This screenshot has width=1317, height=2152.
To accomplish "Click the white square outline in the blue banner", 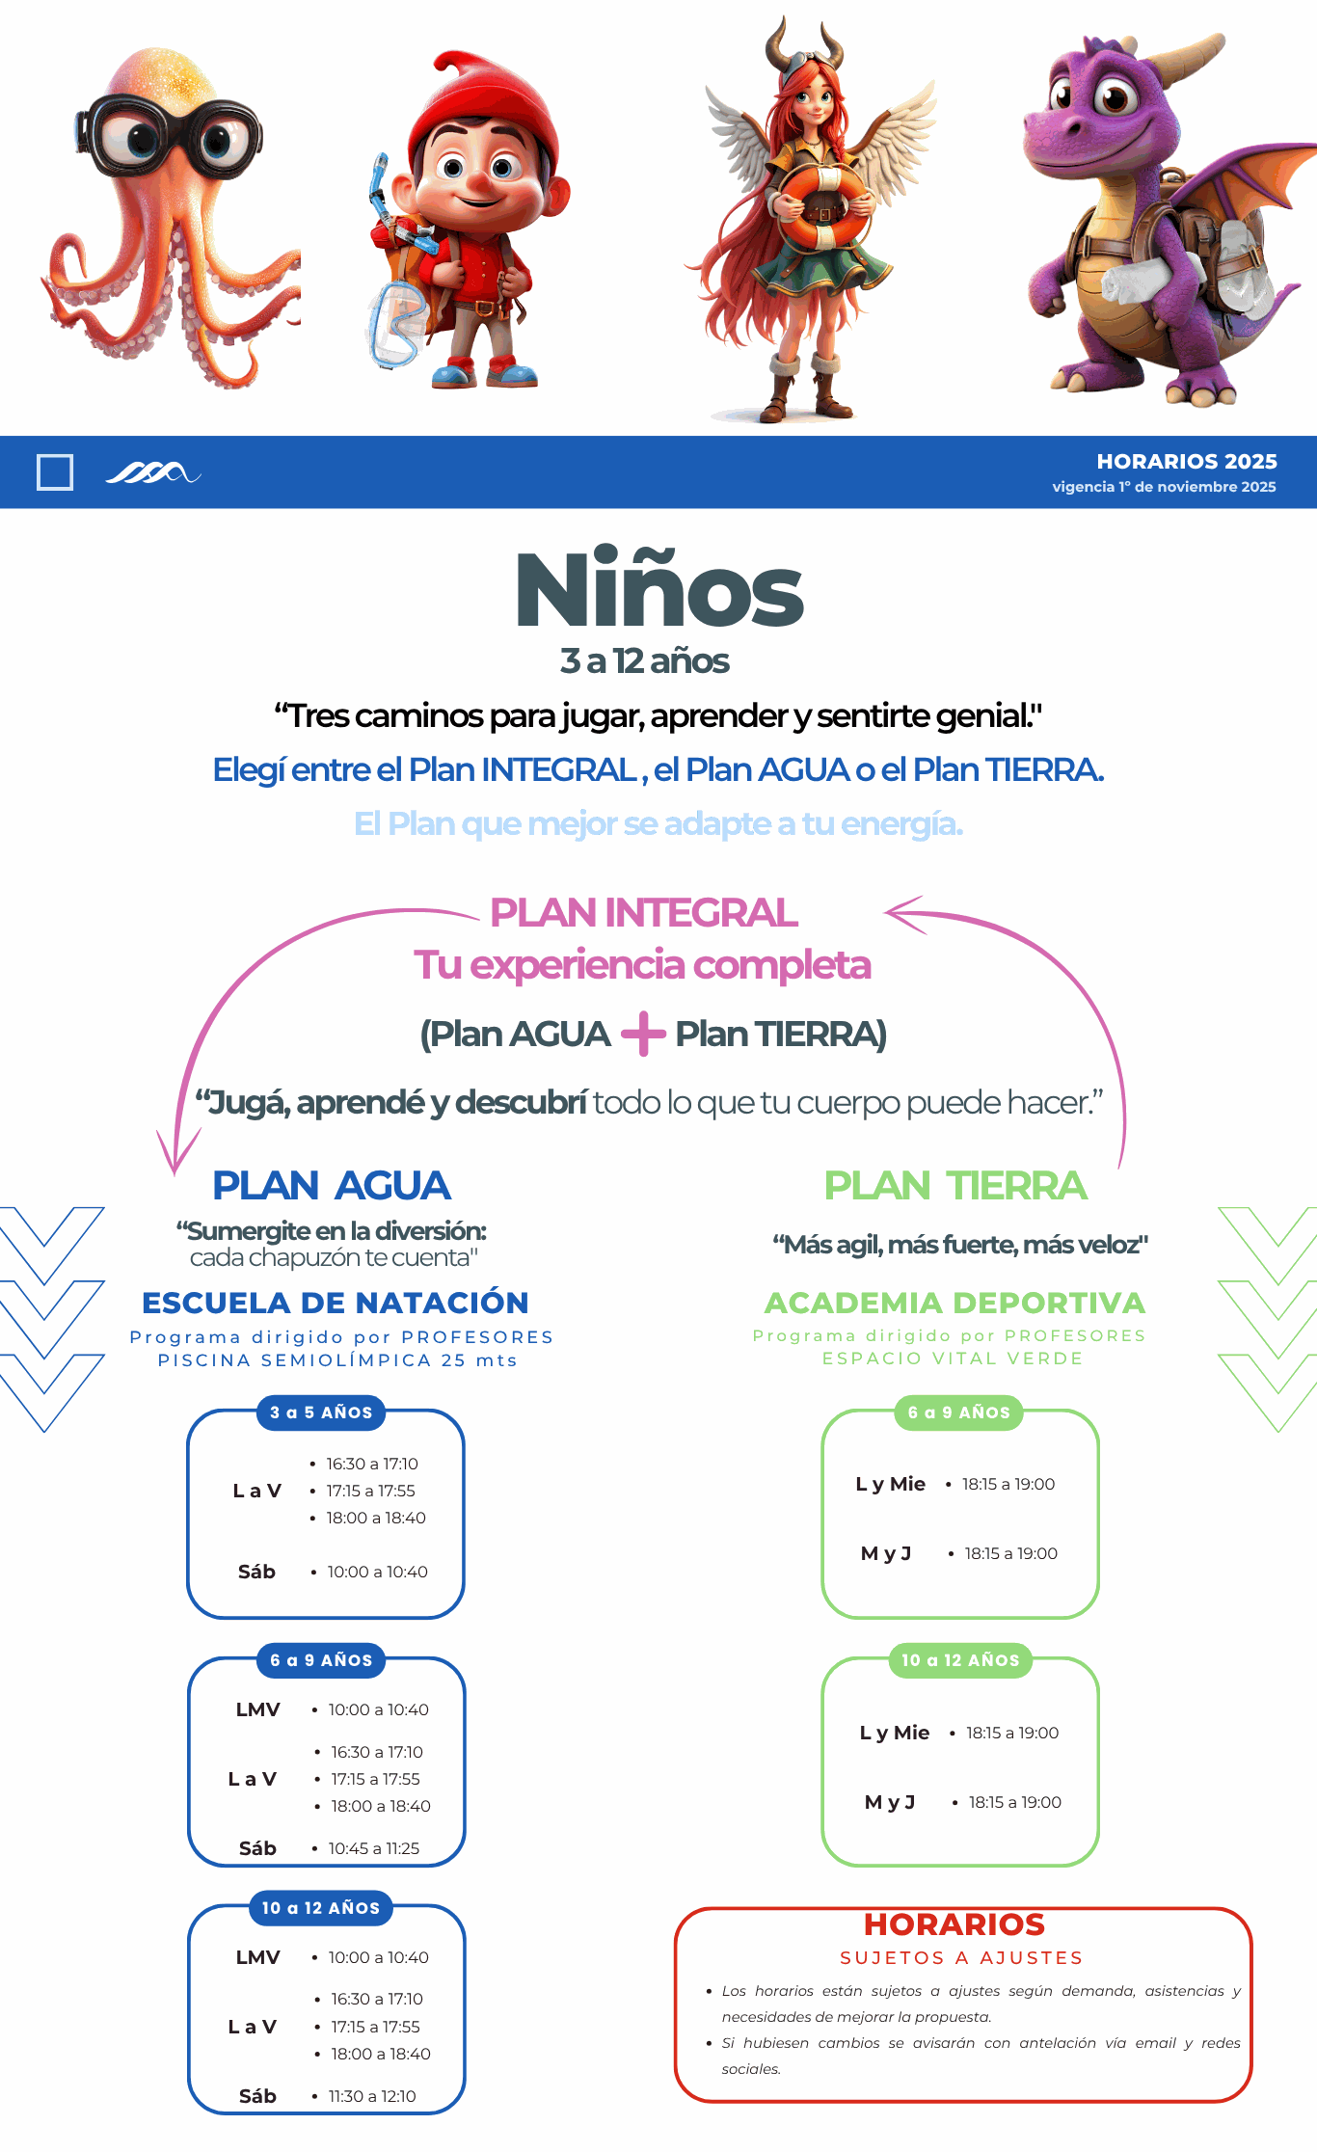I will [x=55, y=472].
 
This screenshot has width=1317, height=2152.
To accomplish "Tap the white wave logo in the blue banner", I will [x=152, y=472].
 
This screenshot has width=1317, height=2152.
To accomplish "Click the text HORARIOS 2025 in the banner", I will [x=1186, y=462].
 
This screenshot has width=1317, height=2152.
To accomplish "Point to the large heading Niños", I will [x=659, y=590].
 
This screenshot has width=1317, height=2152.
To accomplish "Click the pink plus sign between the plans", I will [x=643, y=1034].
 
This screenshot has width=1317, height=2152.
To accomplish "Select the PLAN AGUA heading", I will [x=331, y=1186].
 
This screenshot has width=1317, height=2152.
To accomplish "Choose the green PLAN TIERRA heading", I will [x=954, y=1186].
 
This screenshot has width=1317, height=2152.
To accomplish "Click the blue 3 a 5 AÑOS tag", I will [x=321, y=1412].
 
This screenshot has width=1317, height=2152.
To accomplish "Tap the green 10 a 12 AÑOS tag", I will [x=960, y=1660].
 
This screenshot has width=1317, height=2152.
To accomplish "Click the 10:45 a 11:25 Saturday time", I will [x=374, y=1848].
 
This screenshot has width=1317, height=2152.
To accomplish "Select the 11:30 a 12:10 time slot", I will [x=372, y=2096].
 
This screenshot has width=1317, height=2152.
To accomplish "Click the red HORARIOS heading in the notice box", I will [x=954, y=1924].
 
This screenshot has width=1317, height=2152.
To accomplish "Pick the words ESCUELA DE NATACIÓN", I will [x=335, y=1303].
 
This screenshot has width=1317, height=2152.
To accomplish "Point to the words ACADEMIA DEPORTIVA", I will [x=954, y=1303].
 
